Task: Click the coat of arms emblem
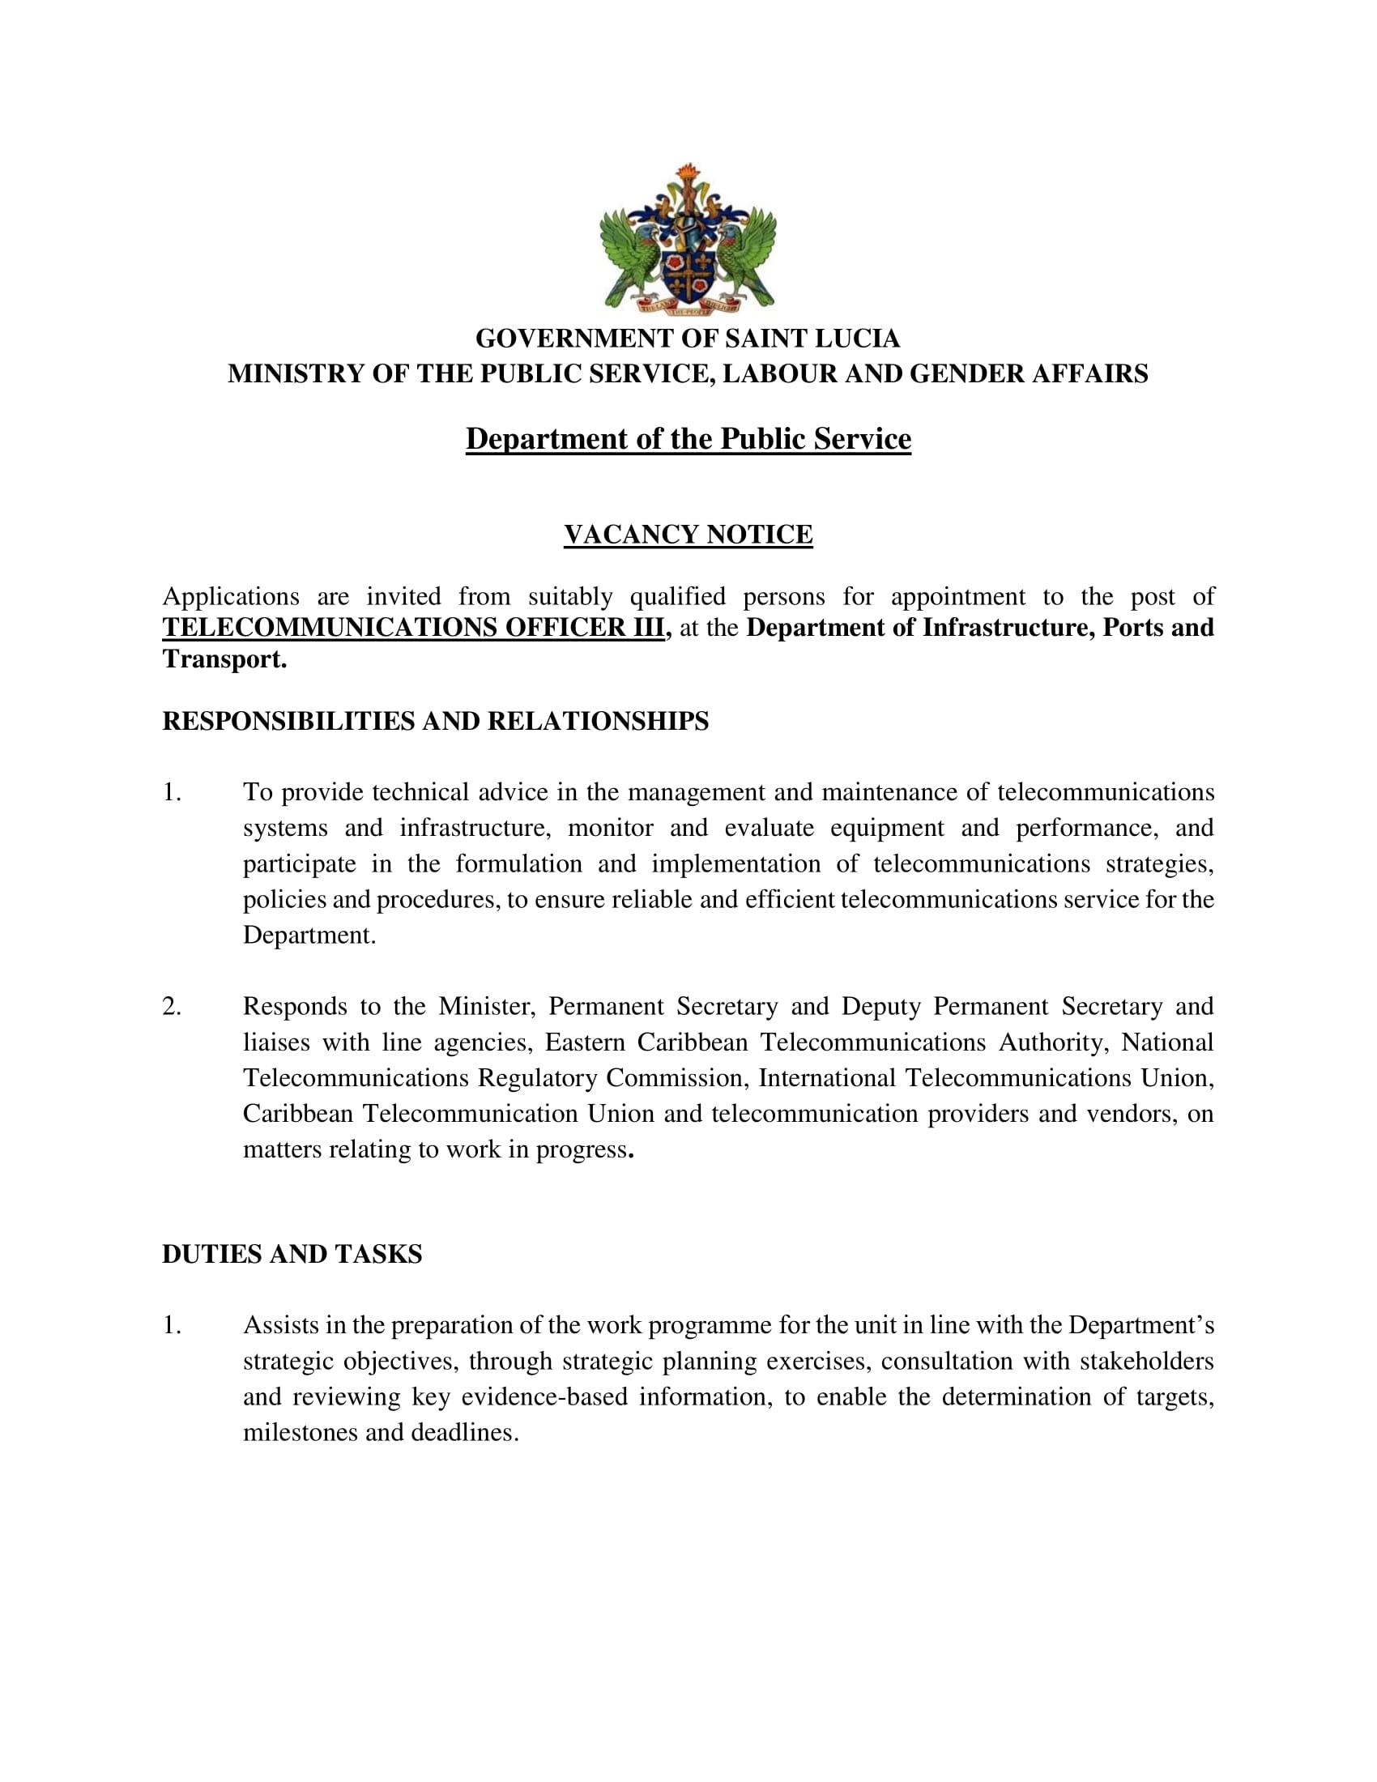point(688,238)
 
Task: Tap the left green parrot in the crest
point(629,253)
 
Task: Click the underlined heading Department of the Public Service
point(688,439)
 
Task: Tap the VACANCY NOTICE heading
point(688,535)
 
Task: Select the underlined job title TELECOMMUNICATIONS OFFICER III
point(413,628)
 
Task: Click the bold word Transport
point(224,659)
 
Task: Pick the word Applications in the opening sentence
point(231,596)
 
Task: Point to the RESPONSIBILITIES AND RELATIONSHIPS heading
point(436,721)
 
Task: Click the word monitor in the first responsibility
point(610,828)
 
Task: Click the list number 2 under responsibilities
point(171,1006)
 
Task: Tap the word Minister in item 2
point(486,1006)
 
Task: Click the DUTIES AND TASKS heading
point(292,1254)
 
